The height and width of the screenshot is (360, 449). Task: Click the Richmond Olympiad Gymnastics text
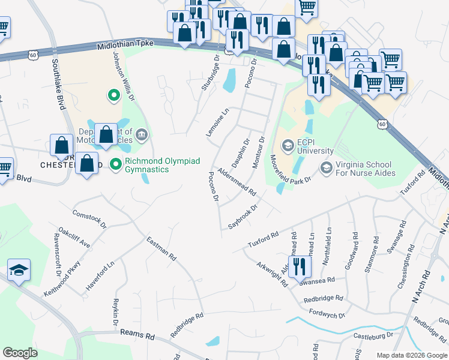coord(147,166)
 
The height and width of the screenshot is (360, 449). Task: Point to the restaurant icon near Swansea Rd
coord(299,266)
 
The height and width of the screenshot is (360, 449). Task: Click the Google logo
coord(20,353)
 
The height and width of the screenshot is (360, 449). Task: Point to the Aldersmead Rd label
coord(237,182)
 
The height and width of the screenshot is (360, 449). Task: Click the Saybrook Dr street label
coord(243,217)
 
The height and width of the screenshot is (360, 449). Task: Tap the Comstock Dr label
coord(89,219)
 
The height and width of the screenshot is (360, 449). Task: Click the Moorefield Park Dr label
coord(290,170)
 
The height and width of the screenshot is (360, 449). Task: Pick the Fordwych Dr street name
coord(327,313)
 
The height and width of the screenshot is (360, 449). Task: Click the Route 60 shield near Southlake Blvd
coord(32,55)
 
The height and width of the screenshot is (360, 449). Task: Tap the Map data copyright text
coord(411,355)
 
